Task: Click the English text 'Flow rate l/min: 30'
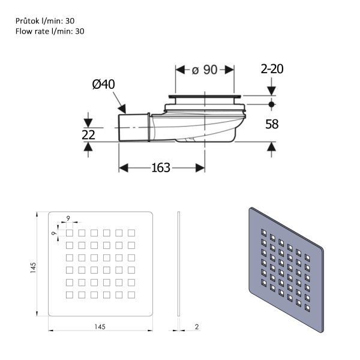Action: pos(50,31)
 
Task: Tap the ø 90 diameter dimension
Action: pos(204,70)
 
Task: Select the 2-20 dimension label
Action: pos(272,69)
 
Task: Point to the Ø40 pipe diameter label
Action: pos(103,85)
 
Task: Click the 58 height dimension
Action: pos(272,124)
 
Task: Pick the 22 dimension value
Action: pos(88,135)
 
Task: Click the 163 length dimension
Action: pos(161,167)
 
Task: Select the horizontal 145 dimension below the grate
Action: pos(100,326)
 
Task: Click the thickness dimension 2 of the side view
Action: pos(196,326)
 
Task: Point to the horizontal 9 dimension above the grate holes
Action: pos(68,218)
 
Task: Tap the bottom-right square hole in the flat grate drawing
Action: pos(131,294)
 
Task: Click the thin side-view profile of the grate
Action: pos(179,264)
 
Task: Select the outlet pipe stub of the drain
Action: pos(133,127)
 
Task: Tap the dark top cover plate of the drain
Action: pos(204,95)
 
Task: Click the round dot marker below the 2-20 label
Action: pos(271,104)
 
